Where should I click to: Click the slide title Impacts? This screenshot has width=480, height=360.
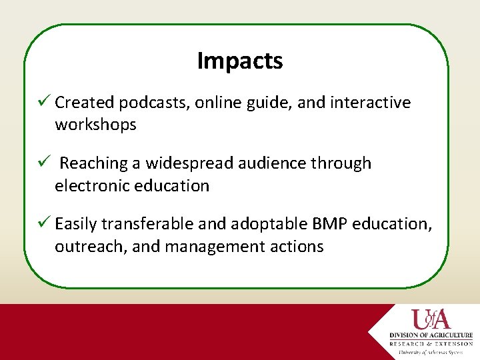240,61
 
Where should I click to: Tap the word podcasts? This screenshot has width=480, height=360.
154,103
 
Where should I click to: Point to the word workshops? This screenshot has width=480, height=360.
95,125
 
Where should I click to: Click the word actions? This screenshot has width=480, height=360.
297,247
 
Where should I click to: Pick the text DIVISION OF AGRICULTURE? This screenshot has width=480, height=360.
431,335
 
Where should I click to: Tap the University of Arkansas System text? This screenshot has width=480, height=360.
431,351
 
